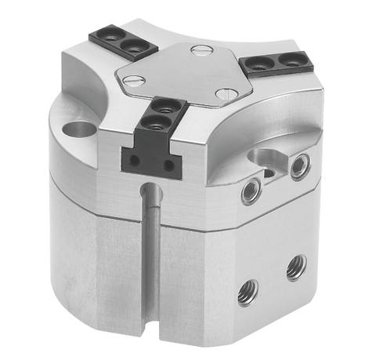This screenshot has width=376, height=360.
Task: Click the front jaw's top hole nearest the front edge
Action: (x=157, y=123)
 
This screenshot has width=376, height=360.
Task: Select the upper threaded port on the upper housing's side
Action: (x=298, y=166)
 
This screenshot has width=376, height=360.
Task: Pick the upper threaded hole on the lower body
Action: (x=295, y=266)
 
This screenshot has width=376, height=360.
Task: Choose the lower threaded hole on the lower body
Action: (x=248, y=293)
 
